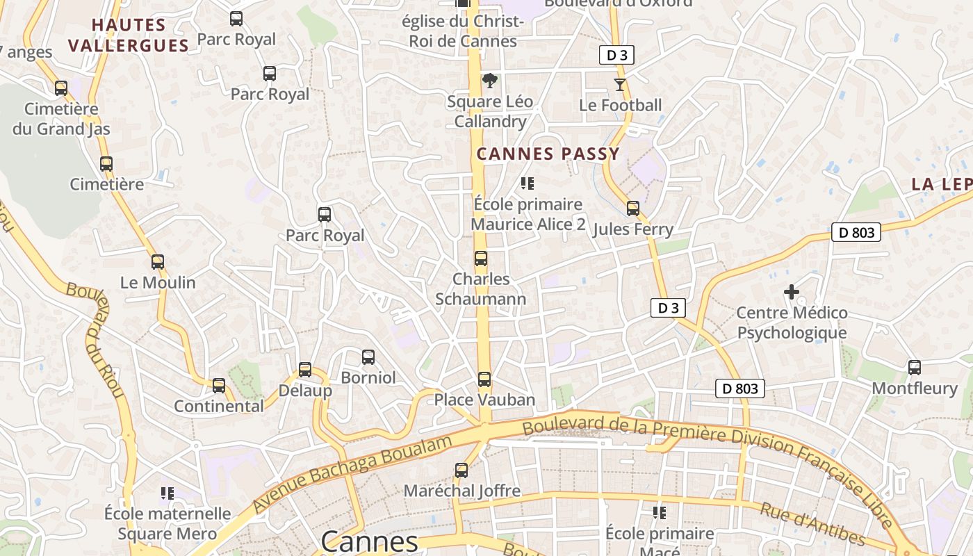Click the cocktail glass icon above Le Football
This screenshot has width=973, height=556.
(x=619, y=85)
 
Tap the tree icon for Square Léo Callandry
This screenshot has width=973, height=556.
(x=490, y=81)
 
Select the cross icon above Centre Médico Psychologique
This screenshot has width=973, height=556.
(x=792, y=292)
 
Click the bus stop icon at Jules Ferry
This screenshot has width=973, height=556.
(x=632, y=208)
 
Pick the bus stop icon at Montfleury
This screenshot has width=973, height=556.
(x=915, y=368)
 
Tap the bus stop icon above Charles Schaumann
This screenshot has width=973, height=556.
(x=480, y=259)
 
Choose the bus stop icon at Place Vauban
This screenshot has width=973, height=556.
(x=484, y=379)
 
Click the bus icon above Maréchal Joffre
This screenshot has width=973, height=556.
(x=461, y=471)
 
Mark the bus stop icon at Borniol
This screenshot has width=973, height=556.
(x=368, y=357)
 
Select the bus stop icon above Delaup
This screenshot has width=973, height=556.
(x=304, y=370)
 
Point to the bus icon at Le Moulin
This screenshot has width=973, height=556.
(x=158, y=262)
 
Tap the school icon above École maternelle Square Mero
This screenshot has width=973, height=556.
(x=167, y=493)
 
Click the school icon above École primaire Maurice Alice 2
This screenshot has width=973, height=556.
(x=528, y=183)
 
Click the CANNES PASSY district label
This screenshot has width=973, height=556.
(x=548, y=154)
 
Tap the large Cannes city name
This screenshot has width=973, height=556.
(x=369, y=541)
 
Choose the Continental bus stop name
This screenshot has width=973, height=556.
(x=218, y=406)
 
